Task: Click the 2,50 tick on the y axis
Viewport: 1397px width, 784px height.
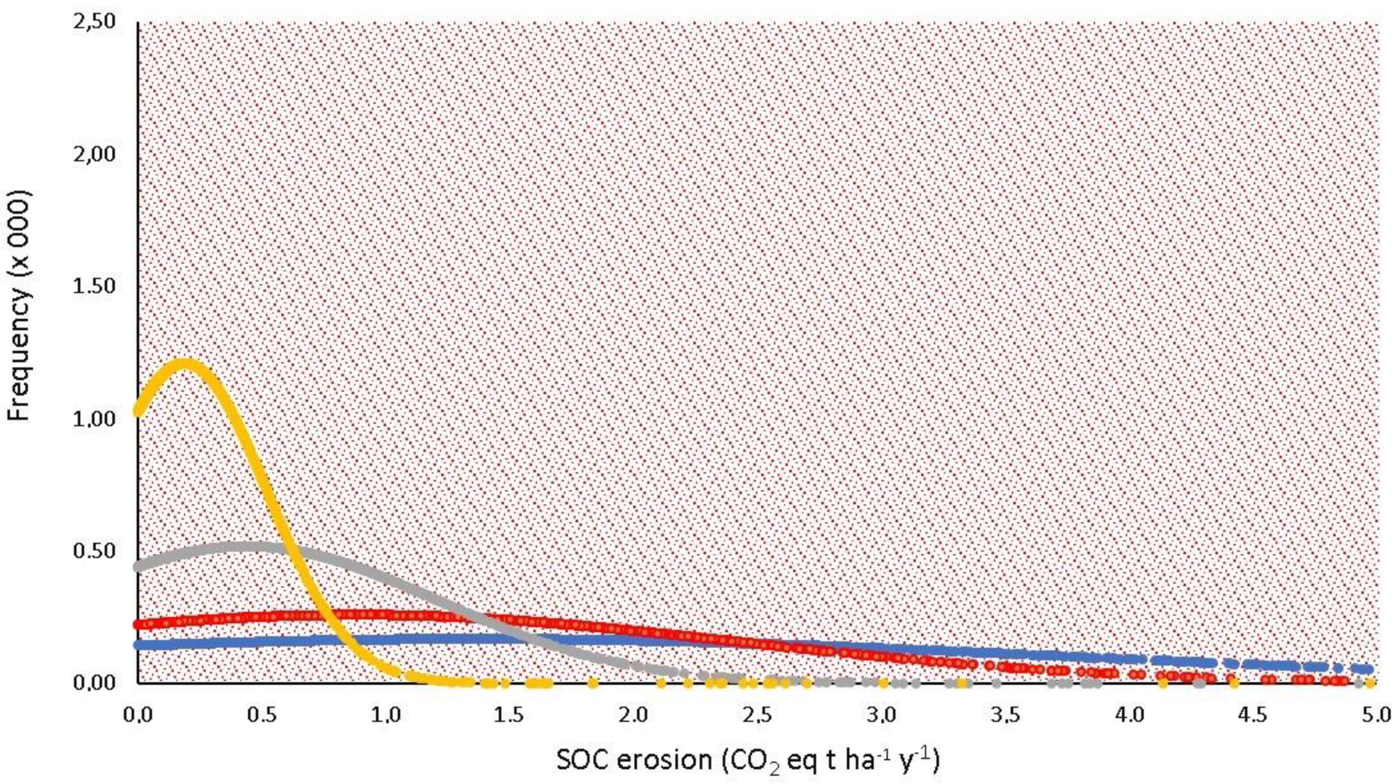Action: pyautogui.click(x=94, y=22)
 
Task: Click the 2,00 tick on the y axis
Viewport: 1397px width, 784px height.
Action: pyautogui.click(x=94, y=154)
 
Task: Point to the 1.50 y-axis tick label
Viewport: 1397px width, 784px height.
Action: pyautogui.click(x=94, y=286)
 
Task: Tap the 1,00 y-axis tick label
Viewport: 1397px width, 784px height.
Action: pyautogui.click(x=94, y=419)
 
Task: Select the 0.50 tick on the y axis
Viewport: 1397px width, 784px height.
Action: pyautogui.click(x=94, y=550)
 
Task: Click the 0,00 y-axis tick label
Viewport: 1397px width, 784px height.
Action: pyautogui.click(x=94, y=682)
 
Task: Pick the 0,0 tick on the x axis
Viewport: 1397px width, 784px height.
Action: pyautogui.click(x=138, y=714)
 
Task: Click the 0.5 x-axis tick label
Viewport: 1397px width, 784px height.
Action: pyautogui.click(x=262, y=714)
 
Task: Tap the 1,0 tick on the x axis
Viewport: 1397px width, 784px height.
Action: pyautogui.click(x=386, y=714)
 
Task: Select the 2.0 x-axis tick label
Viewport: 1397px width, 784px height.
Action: pyautogui.click(x=633, y=714)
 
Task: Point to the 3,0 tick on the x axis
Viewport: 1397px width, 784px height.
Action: pyautogui.click(x=881, y=714)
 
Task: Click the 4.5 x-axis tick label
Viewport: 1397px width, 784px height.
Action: pyautogui.click(x=1253, y=714)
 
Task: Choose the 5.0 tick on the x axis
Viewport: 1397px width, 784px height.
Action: pyautogui.click(x=1376, y=714)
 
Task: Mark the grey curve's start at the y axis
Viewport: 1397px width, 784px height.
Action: pyautogui.click(x=140, y=566)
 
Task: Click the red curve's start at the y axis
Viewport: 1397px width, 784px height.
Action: pyautogui.click(x=140, y=624)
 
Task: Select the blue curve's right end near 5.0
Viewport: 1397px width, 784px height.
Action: pyautogui.click(x=1368, y=669)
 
